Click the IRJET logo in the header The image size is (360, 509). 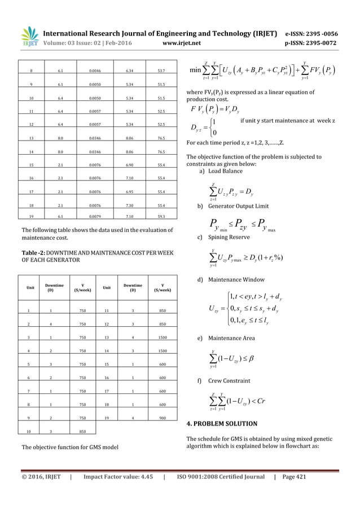[28, 33]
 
